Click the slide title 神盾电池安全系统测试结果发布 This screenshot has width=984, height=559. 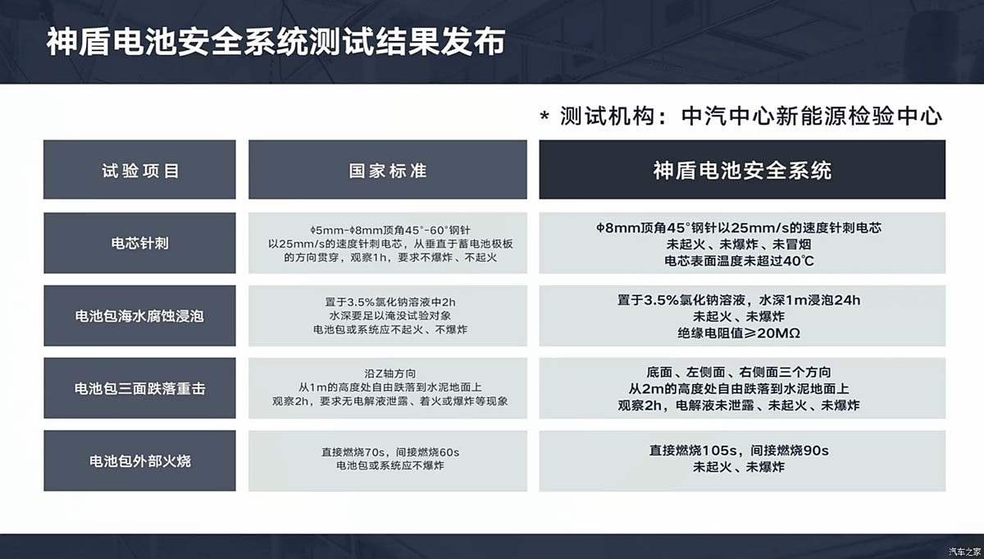tap(275, 43)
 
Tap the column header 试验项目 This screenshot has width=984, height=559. tap(139, 171)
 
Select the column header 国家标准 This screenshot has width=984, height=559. tap(387, 171)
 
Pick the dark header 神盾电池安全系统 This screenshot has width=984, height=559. tap(741, 170)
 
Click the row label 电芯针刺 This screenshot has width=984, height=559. tap(139, 243)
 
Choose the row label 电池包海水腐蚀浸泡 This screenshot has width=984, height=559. tap(139, 315)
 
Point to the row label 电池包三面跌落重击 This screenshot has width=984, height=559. tap(139, 388)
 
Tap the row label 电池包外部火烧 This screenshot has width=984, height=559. tap(139, 460)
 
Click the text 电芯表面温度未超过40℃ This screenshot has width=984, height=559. tap(741, 261)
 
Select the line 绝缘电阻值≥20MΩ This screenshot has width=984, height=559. tap(741, 333)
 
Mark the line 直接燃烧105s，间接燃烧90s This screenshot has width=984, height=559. tap(739, 451)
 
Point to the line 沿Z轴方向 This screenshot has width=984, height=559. tap(388, 372)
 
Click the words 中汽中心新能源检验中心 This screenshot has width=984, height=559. tap(812, 116)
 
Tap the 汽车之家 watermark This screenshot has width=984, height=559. tap(963, 550)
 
